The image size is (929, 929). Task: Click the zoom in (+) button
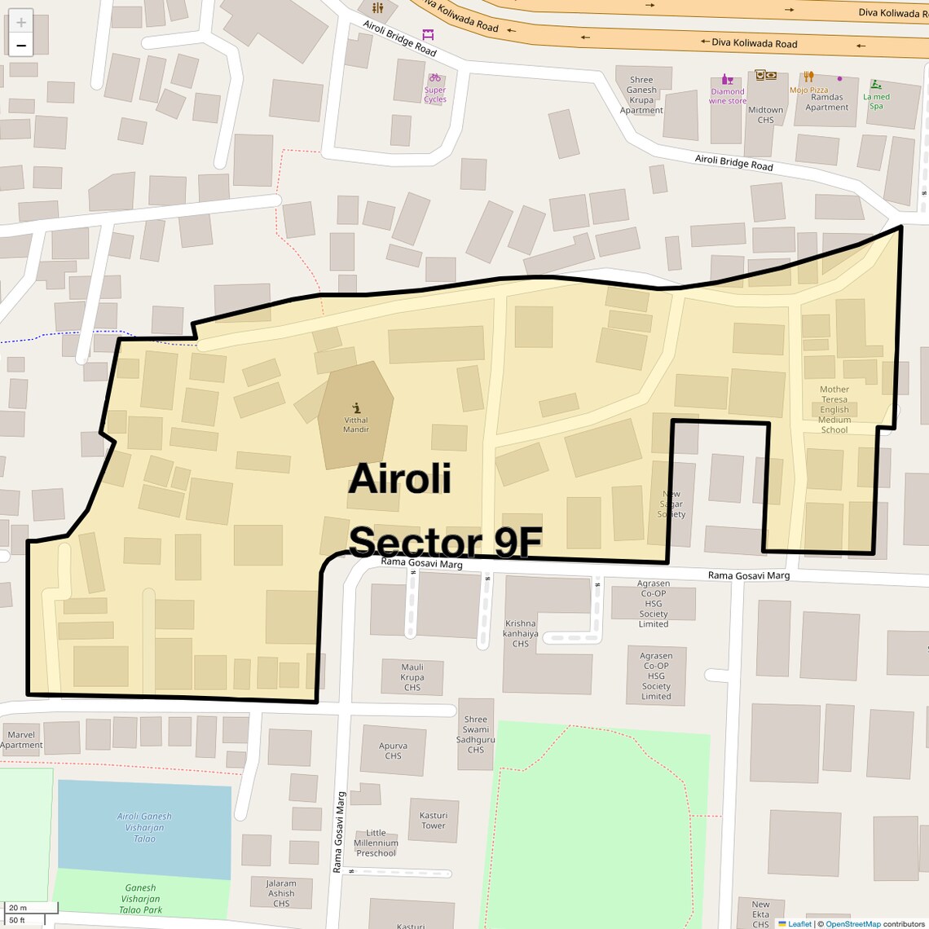coord(21,22)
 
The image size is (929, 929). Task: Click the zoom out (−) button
coord(21,46)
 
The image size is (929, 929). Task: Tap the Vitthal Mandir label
coord(356,425)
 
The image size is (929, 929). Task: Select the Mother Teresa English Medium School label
coord(834,410)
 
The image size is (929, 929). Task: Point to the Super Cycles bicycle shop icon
coord(435,78)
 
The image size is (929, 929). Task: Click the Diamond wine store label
coord(728,96)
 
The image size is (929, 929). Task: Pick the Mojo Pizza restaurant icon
coord(808,77)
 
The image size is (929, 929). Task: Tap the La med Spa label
coord(876,101)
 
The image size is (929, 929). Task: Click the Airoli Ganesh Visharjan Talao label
coord(144,827)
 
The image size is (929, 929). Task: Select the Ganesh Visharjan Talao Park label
coord(140,899)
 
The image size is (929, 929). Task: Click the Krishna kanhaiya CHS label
coord(521,633)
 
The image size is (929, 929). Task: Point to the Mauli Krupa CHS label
coord(412,677)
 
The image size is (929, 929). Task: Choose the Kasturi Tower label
coord(434,820)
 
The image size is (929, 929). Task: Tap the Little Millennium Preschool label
coord(376,843)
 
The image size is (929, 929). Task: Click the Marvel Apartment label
coord(21,740)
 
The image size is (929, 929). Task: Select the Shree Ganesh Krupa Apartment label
coord(641,95)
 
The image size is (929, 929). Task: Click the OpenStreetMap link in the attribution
coord(852,924)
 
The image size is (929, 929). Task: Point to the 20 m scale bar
coord(31,907)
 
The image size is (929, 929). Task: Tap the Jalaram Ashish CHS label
coord(281,893)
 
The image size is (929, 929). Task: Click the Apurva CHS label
coord(394,751)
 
